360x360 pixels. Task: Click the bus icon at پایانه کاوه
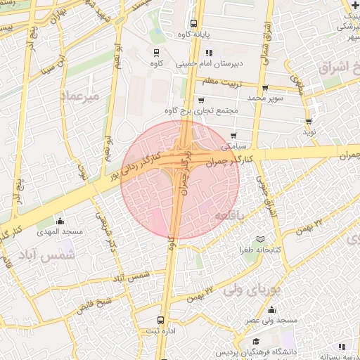click(x=193, y=23)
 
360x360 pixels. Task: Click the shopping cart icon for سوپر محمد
click(x=264, y=88)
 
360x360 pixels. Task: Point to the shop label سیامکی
click(x=235, y=147)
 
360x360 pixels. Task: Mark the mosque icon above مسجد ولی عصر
click(x=271, y=310)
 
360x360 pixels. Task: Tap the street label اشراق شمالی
click(x=268, y=40)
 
